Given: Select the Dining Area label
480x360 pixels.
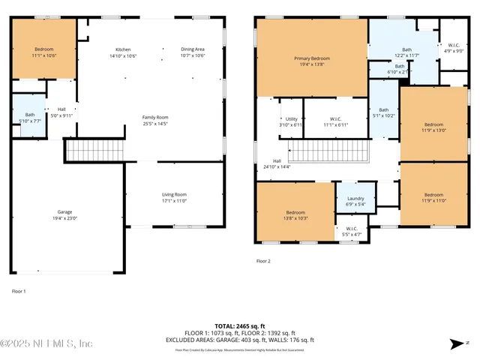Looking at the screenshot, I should [193, 52].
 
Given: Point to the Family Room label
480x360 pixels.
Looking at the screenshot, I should [156, 120].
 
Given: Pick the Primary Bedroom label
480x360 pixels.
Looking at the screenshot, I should [312, 61].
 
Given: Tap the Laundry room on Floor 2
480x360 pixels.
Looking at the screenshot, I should [355, 200].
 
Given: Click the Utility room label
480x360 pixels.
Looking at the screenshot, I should [292, 121].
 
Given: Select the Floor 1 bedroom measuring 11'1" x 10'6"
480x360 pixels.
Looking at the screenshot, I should [43, 52].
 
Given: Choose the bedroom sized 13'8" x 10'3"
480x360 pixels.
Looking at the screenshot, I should [295, 214].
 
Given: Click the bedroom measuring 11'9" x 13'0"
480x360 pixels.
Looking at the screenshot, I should [433, 127].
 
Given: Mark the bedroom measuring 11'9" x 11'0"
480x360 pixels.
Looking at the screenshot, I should [433, 197].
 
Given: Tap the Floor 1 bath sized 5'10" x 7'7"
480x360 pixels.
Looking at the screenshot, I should [30, 118].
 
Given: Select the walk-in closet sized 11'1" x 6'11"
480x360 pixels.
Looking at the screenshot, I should [335, 121].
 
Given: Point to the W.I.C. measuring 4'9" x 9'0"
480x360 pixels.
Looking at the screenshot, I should [454, 48].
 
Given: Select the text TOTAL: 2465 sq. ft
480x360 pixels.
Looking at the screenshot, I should [240, 326].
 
